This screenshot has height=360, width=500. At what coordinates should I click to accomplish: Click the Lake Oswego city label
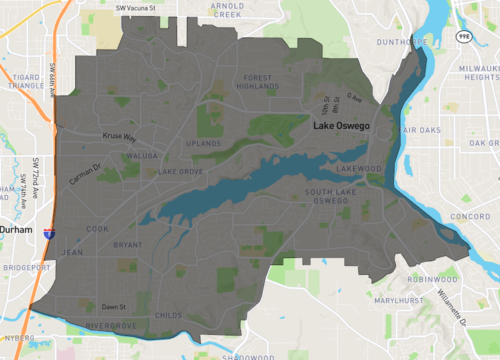click(345, 127)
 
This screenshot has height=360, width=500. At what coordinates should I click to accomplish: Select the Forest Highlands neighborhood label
click(257, 82)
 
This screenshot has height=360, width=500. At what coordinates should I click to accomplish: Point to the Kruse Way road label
click(117, 138)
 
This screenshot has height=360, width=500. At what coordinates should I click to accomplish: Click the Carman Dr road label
click(85, 173)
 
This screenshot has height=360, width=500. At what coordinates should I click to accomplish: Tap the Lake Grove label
click(180, 172)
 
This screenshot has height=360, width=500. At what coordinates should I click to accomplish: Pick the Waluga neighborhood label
click(142, 157)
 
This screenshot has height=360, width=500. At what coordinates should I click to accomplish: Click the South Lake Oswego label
click(327, 196)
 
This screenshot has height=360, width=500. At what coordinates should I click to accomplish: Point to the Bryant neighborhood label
click(128, 244)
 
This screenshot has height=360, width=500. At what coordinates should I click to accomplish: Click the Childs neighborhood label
click(170, 315)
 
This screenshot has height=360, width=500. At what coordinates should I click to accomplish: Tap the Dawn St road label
click(113, 307)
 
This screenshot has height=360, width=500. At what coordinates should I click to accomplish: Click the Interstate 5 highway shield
click(48, 234)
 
